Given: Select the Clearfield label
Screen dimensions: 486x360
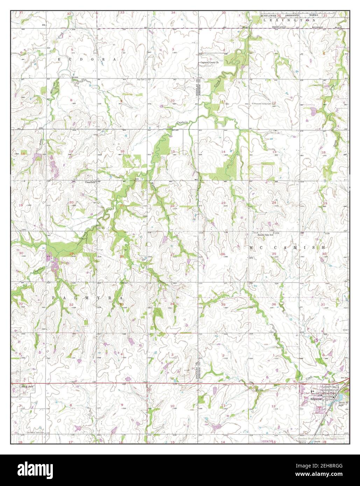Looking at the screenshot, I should point(90,182).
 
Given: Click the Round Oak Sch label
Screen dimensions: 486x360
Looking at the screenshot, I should point(266,235).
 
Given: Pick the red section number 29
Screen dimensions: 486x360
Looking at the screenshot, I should point(71,253).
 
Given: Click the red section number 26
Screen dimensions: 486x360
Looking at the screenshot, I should point(223,254).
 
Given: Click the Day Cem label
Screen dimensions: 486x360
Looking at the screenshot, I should point(141,80).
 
